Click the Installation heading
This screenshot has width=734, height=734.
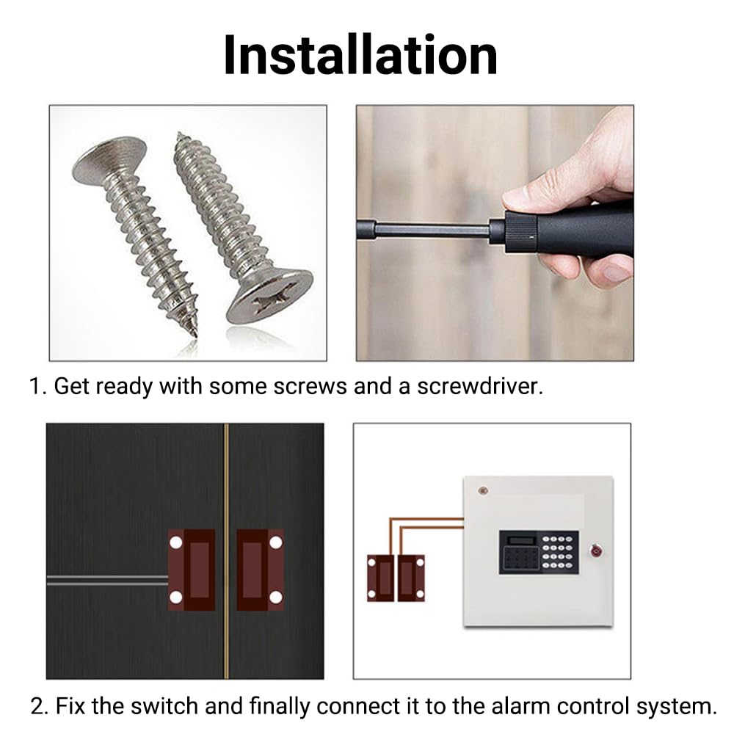pos(360,55)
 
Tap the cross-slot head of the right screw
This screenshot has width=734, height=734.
pos(269,297)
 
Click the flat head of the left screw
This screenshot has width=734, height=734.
pos(109,159)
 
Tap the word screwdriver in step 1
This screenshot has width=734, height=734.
pos(480,387)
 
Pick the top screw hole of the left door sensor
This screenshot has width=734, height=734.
pos(175,542)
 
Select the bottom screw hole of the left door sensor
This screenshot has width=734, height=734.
pos(175,597)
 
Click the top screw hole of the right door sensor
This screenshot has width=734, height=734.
pos(276,542)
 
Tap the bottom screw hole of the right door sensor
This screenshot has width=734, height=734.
pos(276,597)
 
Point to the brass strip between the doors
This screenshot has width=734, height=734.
pos(227,551)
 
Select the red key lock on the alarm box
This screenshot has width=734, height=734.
pos(596,550)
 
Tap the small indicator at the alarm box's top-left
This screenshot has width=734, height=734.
pos(483,490)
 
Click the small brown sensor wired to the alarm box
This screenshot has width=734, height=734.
pos(396,578)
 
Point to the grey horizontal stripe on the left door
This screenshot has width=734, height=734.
pos(107,581)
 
